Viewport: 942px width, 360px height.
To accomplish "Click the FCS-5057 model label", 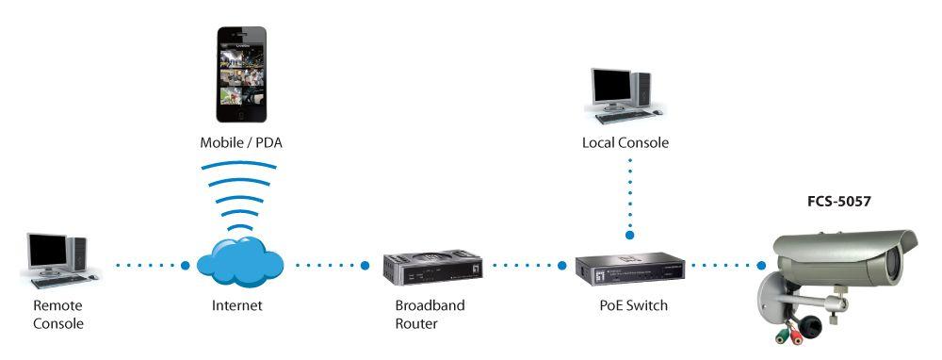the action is click(838, 202).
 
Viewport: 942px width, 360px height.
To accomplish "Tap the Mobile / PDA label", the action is click(241, 143).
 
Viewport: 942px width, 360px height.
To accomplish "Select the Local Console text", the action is click(625, 143).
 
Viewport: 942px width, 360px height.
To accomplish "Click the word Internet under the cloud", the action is click(236, 306).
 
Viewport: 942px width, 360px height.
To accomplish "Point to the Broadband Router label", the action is click(430, 315).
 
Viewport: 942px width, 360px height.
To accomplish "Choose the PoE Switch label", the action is click(633, 306).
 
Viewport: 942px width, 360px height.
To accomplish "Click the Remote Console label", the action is click(57, 315).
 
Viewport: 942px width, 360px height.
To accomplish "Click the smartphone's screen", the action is click(241, 76).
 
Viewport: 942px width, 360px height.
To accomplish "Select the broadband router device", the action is click(432, 267).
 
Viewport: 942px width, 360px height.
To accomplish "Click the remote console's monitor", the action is click(47, 251).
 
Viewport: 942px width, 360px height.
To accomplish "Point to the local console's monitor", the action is click(611, 87).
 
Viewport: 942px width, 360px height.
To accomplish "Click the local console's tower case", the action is click(642, 89).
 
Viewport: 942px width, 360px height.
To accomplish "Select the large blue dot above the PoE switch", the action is click(629, 236).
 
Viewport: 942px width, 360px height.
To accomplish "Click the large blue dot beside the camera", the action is click(761, 265).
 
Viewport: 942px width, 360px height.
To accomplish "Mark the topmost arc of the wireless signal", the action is click(239, 164).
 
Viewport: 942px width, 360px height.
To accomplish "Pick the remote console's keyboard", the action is click(58, 281).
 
